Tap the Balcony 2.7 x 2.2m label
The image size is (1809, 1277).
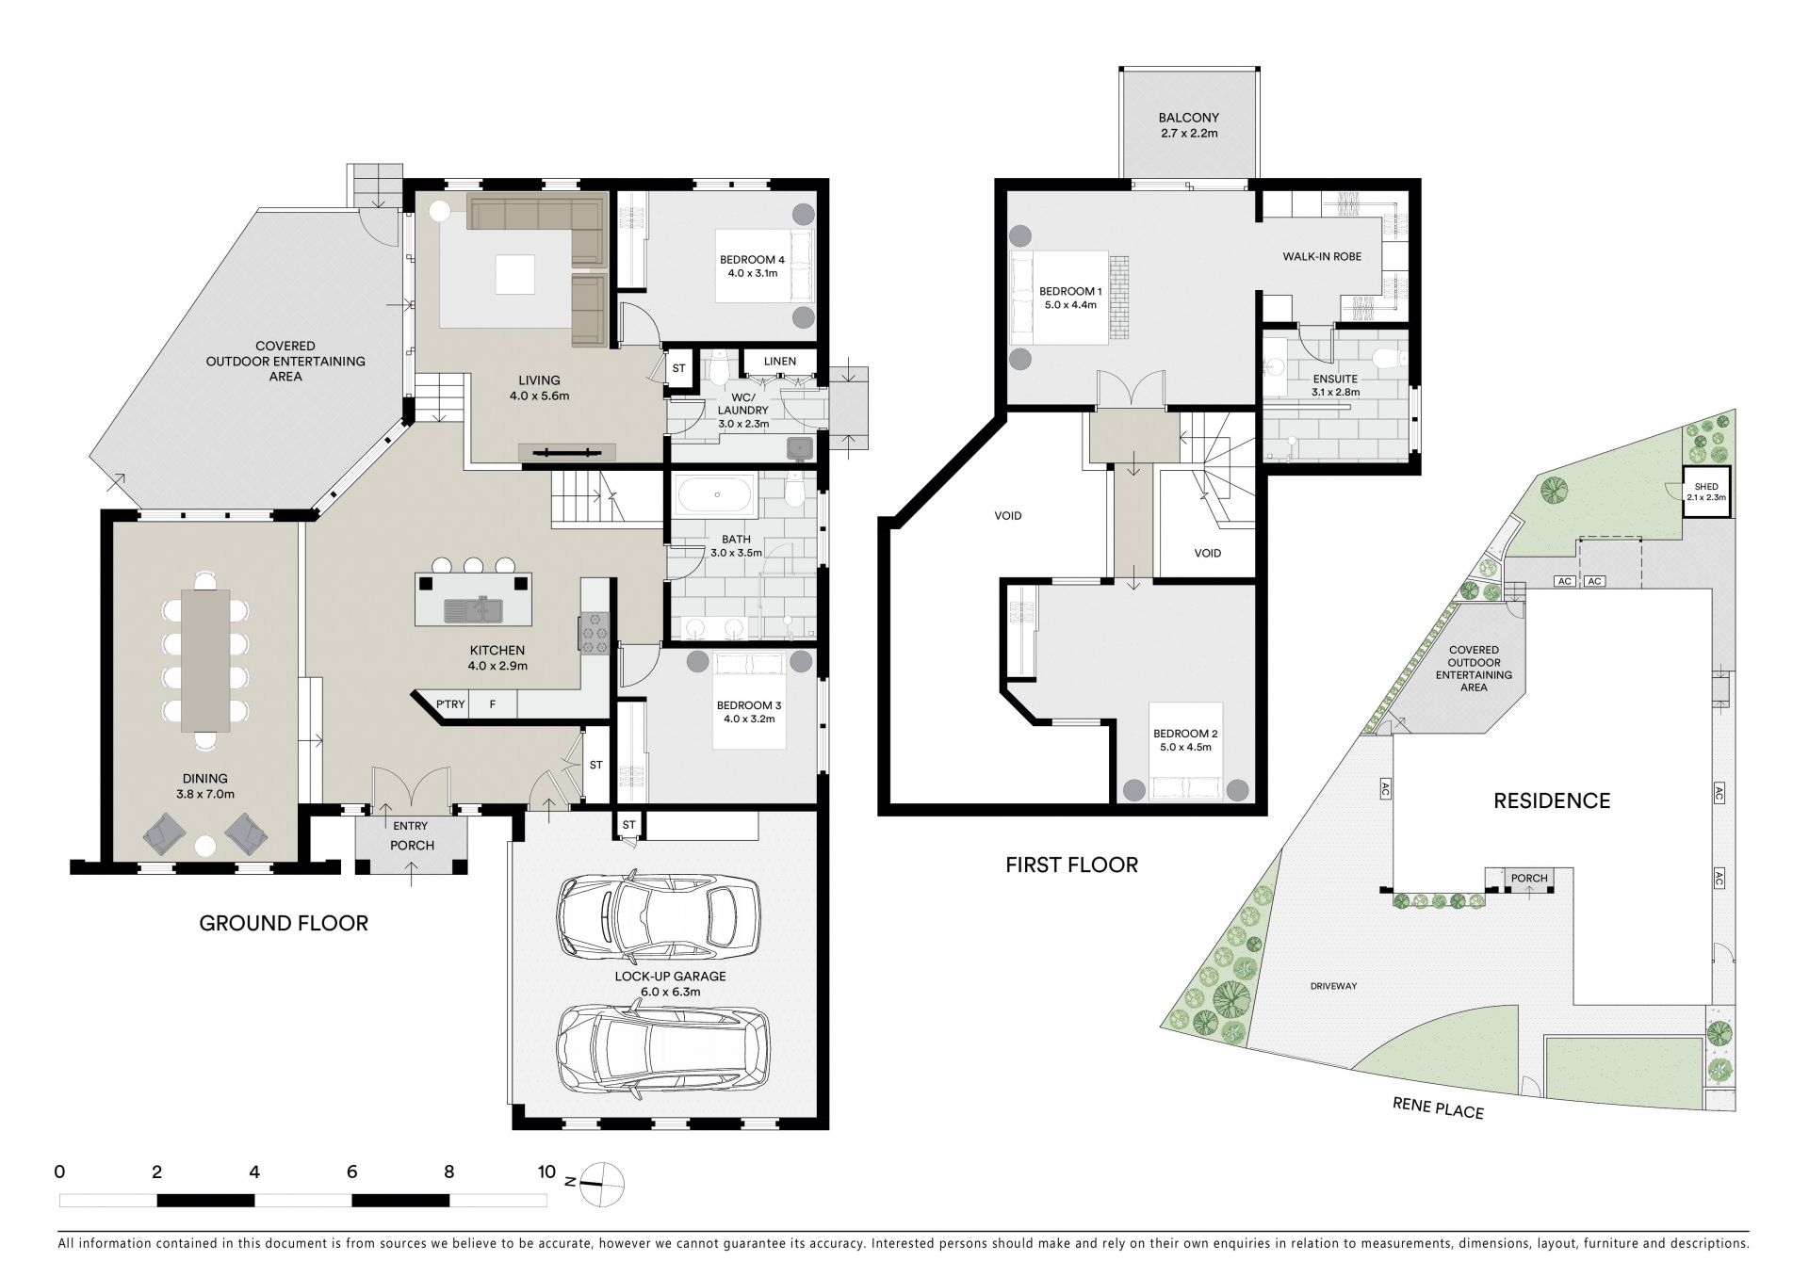click(1188, 125)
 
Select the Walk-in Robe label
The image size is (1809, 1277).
click(1322, 256)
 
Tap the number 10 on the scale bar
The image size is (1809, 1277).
click(546, 1172)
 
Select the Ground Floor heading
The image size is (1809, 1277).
click(284, 923)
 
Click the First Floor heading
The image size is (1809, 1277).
click(1071, 865)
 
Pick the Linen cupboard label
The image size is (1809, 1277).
click(779, 361)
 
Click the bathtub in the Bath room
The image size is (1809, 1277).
click(717, 493)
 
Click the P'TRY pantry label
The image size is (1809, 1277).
click(450, 703)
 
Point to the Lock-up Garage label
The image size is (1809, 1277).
click(670, 984)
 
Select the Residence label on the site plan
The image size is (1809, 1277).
click(1552, 800)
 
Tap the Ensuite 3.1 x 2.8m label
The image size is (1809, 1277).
click(1335, 385)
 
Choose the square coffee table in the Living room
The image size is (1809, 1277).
click(516, 274)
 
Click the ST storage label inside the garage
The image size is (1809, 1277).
click(628, 825)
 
